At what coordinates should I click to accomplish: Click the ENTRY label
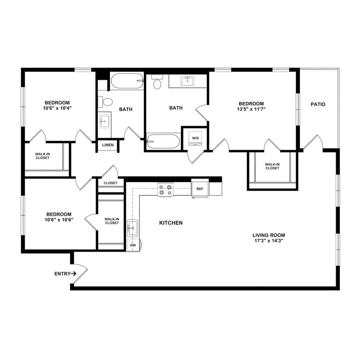pyautogui.click(x=62, y=274)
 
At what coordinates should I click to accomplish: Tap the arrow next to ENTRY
pyautogui.click(x=74, y=274)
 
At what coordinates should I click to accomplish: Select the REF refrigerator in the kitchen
pyautogui.click(x=200, y=188)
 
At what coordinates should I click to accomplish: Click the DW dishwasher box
pyautogui.click(x=133, y=246)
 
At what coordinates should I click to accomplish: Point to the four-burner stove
pyautogui.click(x=165, y=189)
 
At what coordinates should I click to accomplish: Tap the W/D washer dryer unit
pyautogui.click(x=195, y=138)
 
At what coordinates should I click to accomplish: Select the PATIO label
pyautogui.click(x=318, y=104)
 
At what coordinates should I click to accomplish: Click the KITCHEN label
pyautogui.click(x=171, y=223)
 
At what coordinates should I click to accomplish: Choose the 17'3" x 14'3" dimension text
pyautogui.click(x=268, y=241)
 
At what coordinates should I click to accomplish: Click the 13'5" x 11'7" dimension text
pyautogui.click(x=251, y=109)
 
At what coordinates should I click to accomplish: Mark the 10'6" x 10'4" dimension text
pyautogui.click(x=57, y=108)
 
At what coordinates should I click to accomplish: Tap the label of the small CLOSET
pyautogui.click(x=110, y=183)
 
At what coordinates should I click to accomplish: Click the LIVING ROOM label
pyautogui.click(x=269, y=235)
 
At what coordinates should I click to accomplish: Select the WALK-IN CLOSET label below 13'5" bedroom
pyautogui.click(x=272, y=166)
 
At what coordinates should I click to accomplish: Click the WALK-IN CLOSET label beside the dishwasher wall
pyautogui.click(x=112, y=221)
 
